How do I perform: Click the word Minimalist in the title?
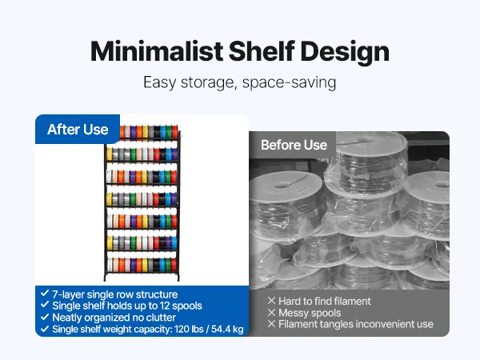click(157, 51)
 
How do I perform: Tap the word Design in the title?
click(345, 53)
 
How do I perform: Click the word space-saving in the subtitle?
click(290, 82)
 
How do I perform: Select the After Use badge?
click(78, 129)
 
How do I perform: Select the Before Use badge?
click(294, 145)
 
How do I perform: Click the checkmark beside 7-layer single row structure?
click(45, 293)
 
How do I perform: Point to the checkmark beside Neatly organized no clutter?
click(45, 317)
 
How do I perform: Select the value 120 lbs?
click(189, 329)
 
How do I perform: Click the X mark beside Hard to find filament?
click(271, 301)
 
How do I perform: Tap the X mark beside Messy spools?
click(271, 312)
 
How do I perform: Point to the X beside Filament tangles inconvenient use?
click(271, 323)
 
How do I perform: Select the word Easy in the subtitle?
click(160, 82)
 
